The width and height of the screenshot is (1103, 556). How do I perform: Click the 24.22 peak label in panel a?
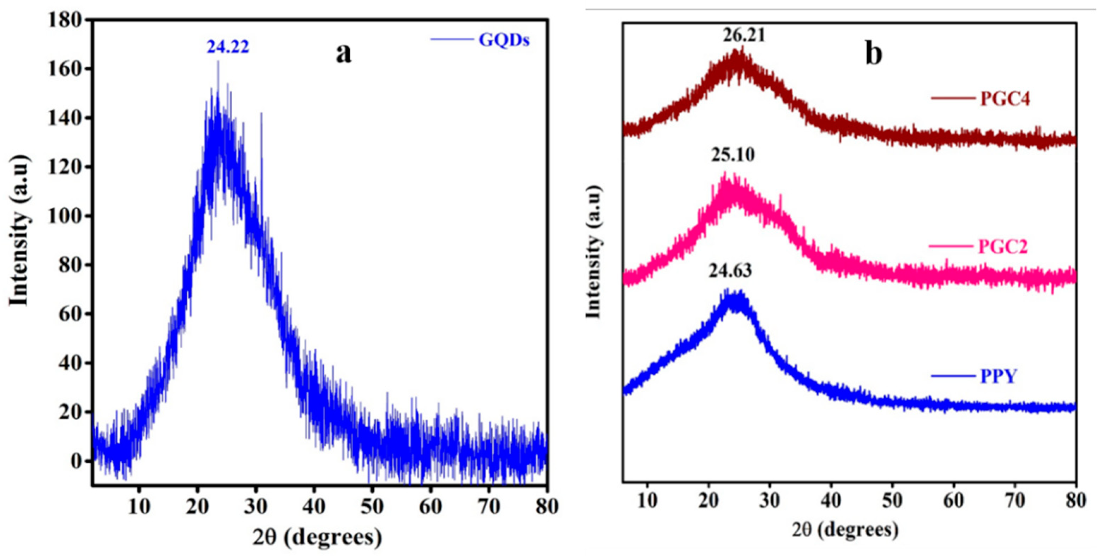click(x=228, y=47)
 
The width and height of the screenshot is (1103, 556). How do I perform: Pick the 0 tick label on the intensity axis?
click(x=76, y=461)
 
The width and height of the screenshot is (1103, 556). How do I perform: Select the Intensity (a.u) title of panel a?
click(x=19, y=231)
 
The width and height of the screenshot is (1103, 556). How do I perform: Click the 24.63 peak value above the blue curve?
click(x=730, y=271)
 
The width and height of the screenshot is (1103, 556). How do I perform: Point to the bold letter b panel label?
click(x=874, y=54)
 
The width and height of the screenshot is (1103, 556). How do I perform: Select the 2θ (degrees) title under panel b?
click(x=845, y=530)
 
